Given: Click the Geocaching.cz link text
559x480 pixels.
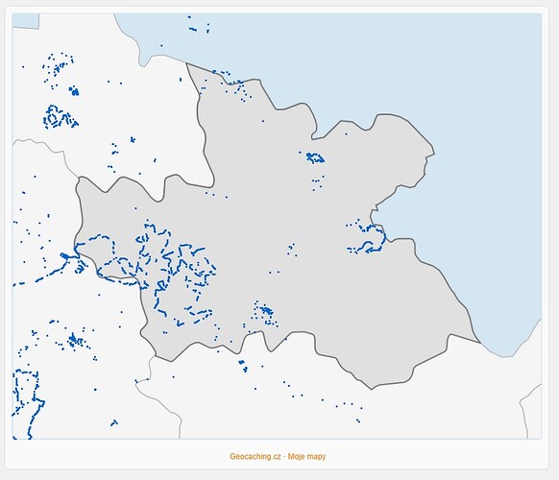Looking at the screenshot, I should coord(255,456).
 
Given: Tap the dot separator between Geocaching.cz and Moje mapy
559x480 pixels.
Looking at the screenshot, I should coord(285,456).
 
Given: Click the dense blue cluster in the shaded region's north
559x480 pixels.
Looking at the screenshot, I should coord(314,156).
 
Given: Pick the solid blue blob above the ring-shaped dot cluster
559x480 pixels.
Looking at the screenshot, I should coord(74,91).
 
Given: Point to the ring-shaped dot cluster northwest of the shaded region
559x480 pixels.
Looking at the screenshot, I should coord(60,117).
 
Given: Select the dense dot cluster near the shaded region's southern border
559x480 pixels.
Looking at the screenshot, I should coord(263,311).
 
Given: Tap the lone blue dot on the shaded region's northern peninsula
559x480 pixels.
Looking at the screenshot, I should coord(263,120).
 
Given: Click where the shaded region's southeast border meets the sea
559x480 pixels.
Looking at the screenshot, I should coord(478,340).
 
